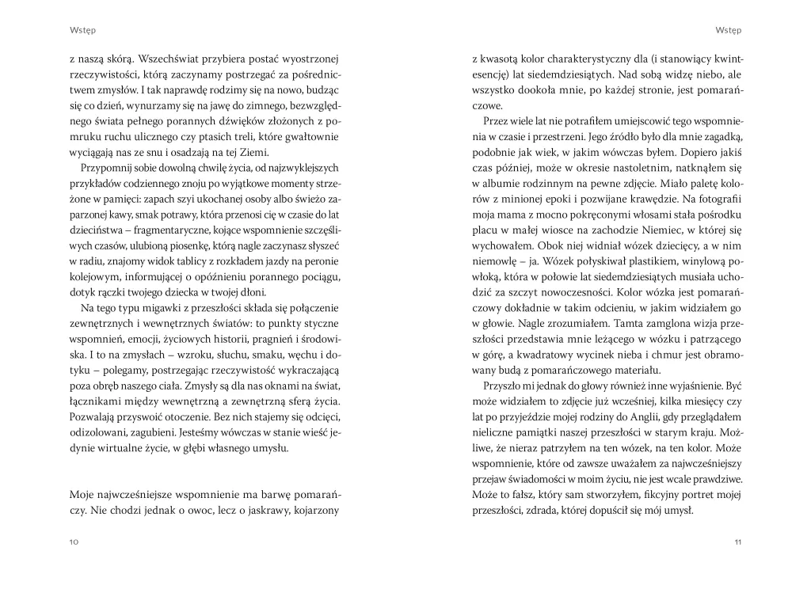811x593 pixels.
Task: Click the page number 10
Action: coord(74,542)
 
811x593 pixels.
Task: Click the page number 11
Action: coord(737,542)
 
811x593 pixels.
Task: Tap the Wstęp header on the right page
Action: coord(728,31)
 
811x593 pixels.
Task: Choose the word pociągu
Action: coord(318,275)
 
